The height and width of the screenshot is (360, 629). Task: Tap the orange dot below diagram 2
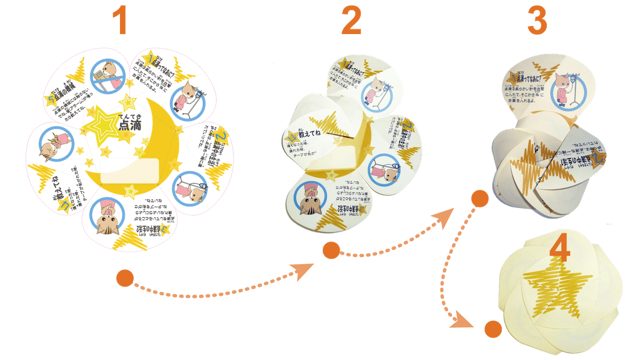click(331, 251)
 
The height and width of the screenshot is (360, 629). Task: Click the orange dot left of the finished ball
click(491, 329)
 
